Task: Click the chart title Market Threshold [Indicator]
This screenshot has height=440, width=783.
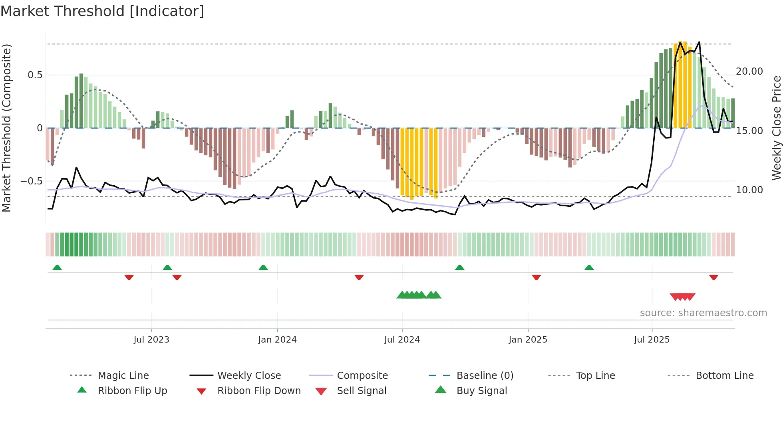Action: [102, 11]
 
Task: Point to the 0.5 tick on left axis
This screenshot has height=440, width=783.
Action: [35, 75]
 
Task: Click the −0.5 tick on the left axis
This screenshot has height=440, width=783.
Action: [32, 181]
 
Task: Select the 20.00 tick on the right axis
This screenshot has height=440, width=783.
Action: [749, 71]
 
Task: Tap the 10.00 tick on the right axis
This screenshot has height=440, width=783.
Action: [749, 190]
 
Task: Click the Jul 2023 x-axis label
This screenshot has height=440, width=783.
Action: [151, 340]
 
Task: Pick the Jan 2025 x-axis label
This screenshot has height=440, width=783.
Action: [528, 340]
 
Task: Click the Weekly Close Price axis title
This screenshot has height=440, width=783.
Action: [776, 128]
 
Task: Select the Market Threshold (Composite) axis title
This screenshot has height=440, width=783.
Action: [6, 128]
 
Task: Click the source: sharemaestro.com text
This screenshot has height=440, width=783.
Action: [703, 313]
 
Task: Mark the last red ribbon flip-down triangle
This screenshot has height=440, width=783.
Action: [713, 277]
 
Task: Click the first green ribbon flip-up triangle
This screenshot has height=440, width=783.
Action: [57, 268]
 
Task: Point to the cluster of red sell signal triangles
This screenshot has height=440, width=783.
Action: [682, 297]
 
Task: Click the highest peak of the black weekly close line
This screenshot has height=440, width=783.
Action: [699, 42]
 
